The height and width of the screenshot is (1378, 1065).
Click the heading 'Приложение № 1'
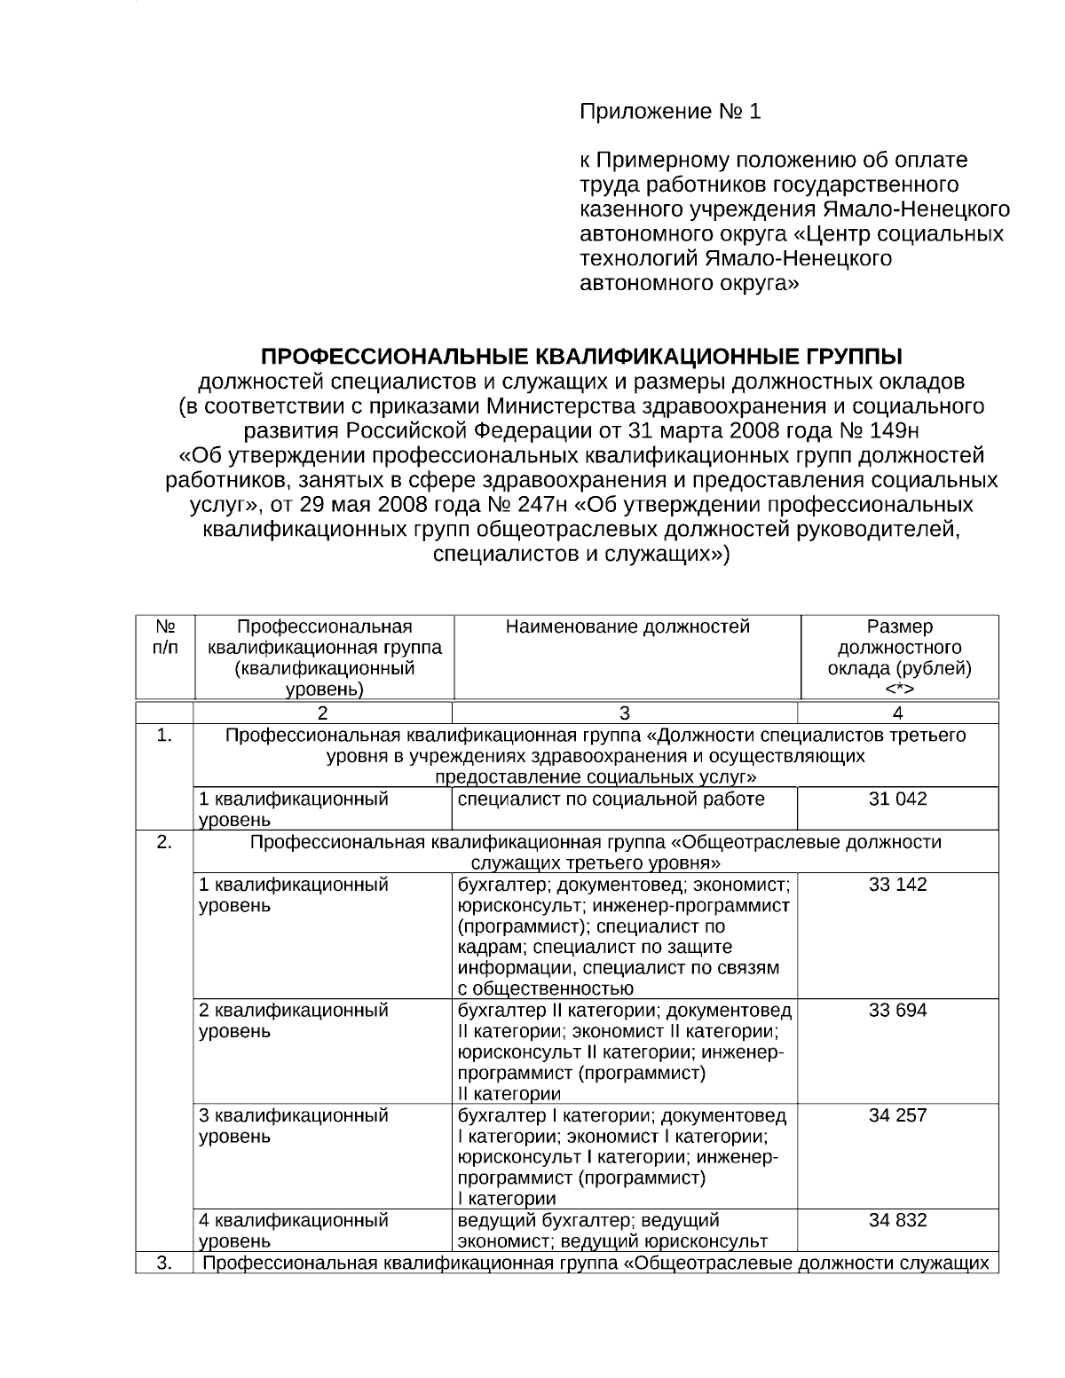point(670,112)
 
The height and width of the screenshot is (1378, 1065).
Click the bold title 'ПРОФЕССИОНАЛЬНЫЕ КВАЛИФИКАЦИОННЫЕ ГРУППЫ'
point(581,357)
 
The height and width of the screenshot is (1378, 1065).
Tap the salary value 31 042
point(897,799)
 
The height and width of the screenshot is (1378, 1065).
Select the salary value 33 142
point(897,885)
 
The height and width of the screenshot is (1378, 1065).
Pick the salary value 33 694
point(897,1010)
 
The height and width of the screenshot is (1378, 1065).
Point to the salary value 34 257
point(897,1114)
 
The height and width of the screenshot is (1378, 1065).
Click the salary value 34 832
point(897,1220)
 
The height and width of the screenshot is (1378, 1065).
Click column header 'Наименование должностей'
point(627,627)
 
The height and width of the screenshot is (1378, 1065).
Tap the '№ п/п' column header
point(164,637)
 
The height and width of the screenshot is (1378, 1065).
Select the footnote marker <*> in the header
point(899,689)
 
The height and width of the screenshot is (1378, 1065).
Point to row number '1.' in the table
point(164,736)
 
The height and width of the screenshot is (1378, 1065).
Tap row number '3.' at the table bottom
point(164,1264)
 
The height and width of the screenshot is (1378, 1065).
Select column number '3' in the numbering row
point(625,713)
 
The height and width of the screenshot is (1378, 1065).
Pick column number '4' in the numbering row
point(897,713)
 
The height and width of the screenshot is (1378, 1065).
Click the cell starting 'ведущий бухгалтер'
point(612,1230)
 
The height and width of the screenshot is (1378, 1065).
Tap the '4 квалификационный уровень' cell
point(294,1230)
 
